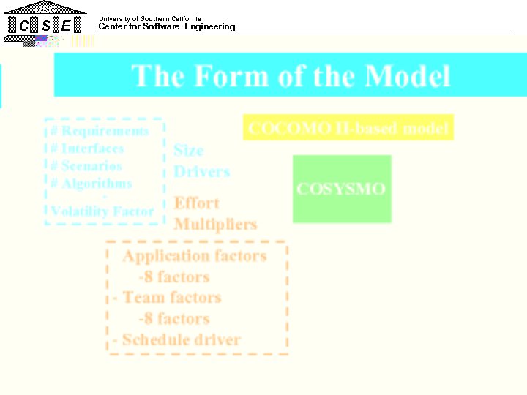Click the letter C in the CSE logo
(x=24, y=26)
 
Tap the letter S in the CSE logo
(x=46, y=26)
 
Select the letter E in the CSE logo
(x=67, y=26)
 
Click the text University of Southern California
(x=149, y=18)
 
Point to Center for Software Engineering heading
(x=167, y=27)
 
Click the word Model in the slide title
(x=408, y=75)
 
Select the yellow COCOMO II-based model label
(x=348, y=129)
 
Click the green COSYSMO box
(x=341, y=189)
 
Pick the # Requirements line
(x=100, y=131)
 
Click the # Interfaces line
(x=87, y=148)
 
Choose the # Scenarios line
(x=86, y=166)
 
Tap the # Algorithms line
(x=91, y=184)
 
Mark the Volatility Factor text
(x=102, y=211)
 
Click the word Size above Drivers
(x=188, y=151)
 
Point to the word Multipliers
(x=215, y=224)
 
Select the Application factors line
(x=194, y=256)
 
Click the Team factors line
(x=171, y=298)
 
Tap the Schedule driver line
(x=181, y=340)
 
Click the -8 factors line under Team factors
(x=173, y=319)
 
